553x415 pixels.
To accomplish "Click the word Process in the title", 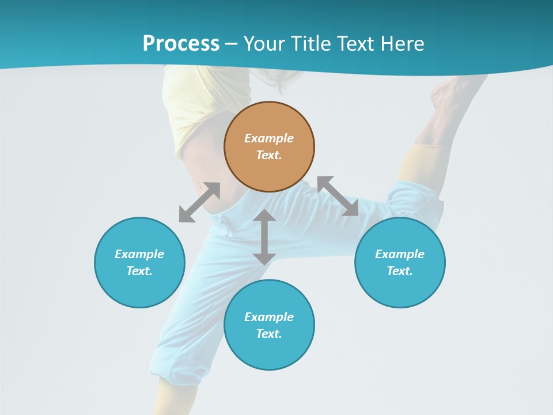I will click(x=181, y=43).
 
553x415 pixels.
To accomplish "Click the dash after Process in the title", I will click(x=231, y=44).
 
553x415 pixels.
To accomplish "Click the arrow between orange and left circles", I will click(x=199, y=202).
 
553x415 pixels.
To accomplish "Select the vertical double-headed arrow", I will click(x=264, y=237).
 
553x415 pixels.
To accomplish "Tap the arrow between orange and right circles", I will click(x=338, y=196).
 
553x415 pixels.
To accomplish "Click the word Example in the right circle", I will click(x=400, y=254).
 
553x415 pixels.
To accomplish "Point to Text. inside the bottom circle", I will click(x=269, y=334).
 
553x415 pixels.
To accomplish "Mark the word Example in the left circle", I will click(x=139, y=254).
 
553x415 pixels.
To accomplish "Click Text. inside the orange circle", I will click(x=269, y=155).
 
